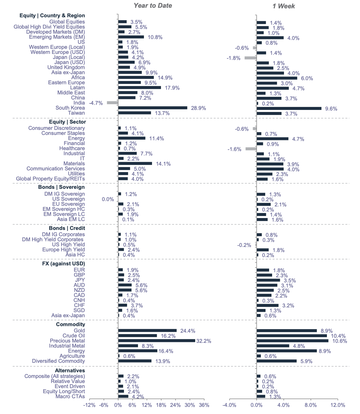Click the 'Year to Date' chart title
point(153,6)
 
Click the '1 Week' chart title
point(283,6)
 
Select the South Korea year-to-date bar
point(153,108)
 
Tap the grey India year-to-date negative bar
point(112,103)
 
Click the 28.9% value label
point(198,108)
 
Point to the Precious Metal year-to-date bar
point(156,341)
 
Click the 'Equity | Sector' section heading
point(67,122)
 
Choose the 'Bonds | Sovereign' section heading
point(61,187)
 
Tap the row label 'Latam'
point(77,88)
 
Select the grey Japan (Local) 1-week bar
point(250,58)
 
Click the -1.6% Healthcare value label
point(235,149)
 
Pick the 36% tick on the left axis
point(204,405)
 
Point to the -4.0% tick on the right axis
point(229,405)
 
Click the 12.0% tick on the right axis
point(338,405)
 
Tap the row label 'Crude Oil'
point(74,336)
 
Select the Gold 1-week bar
point(286,331)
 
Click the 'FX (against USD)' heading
point(63,264)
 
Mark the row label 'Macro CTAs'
point(70,396)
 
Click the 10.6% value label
point(340,341)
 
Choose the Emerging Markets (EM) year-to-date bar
point(131,37)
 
